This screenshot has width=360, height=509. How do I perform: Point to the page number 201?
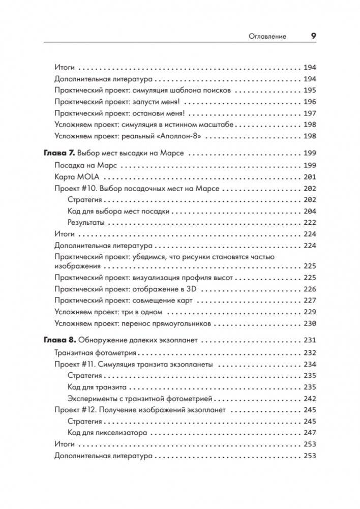309,176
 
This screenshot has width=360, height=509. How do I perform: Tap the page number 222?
309,223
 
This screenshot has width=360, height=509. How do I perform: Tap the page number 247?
309,433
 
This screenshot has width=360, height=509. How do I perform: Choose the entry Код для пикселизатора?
107,433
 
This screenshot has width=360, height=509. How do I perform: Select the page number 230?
309,323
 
